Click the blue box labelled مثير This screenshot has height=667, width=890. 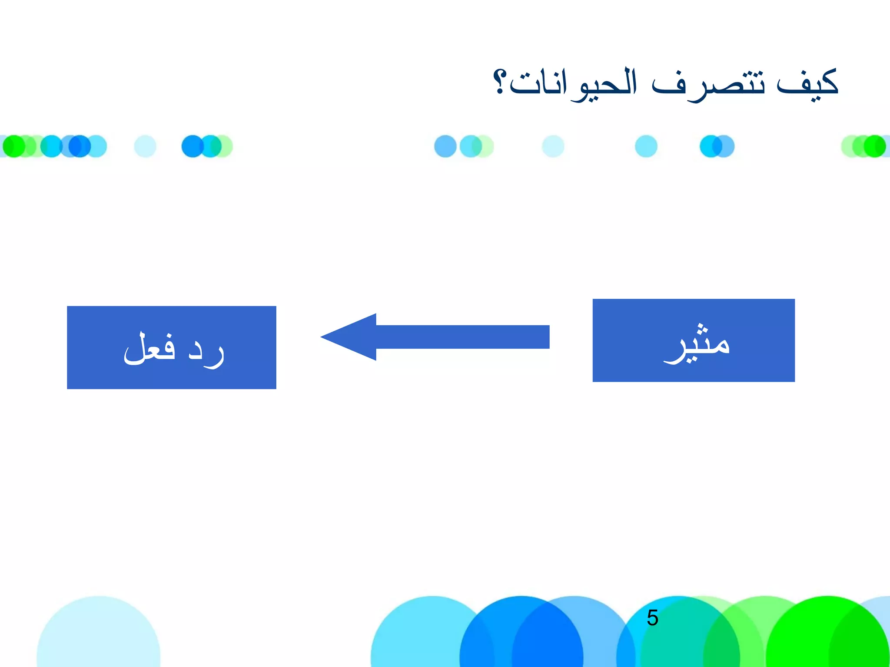(694, 340)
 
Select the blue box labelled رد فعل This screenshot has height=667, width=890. (171, 347)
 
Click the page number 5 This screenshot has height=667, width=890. (652, 618)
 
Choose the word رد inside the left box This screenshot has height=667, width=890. (207, 350)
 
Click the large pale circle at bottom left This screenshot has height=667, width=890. (98, 634)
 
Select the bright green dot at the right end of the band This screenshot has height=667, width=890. (874, 146)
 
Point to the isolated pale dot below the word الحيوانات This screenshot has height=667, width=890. (553, 146)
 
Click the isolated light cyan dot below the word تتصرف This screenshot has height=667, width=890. (646, 146)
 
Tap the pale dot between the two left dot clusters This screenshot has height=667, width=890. (145, 146)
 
